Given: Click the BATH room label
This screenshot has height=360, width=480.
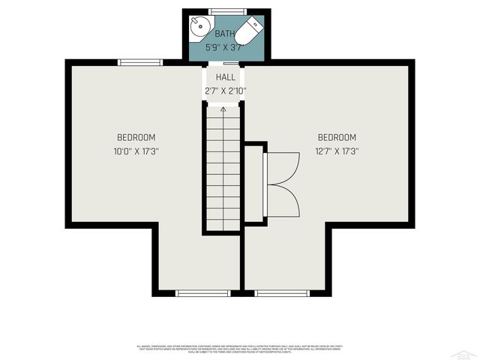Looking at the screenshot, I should [225, 34].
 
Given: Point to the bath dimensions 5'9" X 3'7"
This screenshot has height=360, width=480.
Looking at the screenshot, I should [225, 47].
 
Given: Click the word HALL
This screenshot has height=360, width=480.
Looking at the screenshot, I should [225, 77].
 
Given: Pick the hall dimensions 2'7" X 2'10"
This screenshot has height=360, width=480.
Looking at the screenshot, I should [225, 91].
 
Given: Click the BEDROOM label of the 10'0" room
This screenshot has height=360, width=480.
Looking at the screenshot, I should [136, 137].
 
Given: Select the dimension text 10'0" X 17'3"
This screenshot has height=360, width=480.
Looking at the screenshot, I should [136, 151].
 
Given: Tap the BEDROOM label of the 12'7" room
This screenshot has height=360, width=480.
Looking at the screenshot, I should [337, 137].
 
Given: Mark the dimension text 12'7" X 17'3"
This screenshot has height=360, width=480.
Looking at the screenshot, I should [337, 151].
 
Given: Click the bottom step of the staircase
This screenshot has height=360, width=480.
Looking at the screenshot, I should [223, 225].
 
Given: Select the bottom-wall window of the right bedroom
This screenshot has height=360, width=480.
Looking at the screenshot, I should [282, 292].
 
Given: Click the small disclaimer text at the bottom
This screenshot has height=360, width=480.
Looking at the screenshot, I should [240, 348].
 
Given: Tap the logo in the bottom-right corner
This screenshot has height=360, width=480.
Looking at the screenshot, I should [466, 352].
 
